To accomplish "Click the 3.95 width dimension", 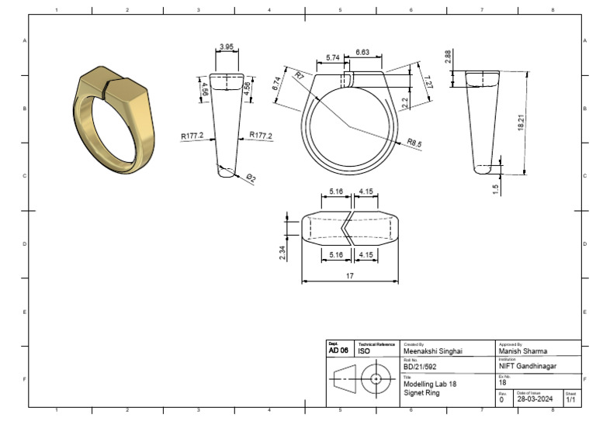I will click(227, 47).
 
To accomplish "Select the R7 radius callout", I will click(300, 75).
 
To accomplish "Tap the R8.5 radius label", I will click(414, 142).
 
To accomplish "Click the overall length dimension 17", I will click(350, 274).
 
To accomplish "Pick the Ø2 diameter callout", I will click(251, 178).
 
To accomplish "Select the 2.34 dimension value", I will click(282, 253).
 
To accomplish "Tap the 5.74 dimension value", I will click(333, 58).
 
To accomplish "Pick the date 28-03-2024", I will click(535, 400).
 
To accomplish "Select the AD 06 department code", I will click(338, 351).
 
